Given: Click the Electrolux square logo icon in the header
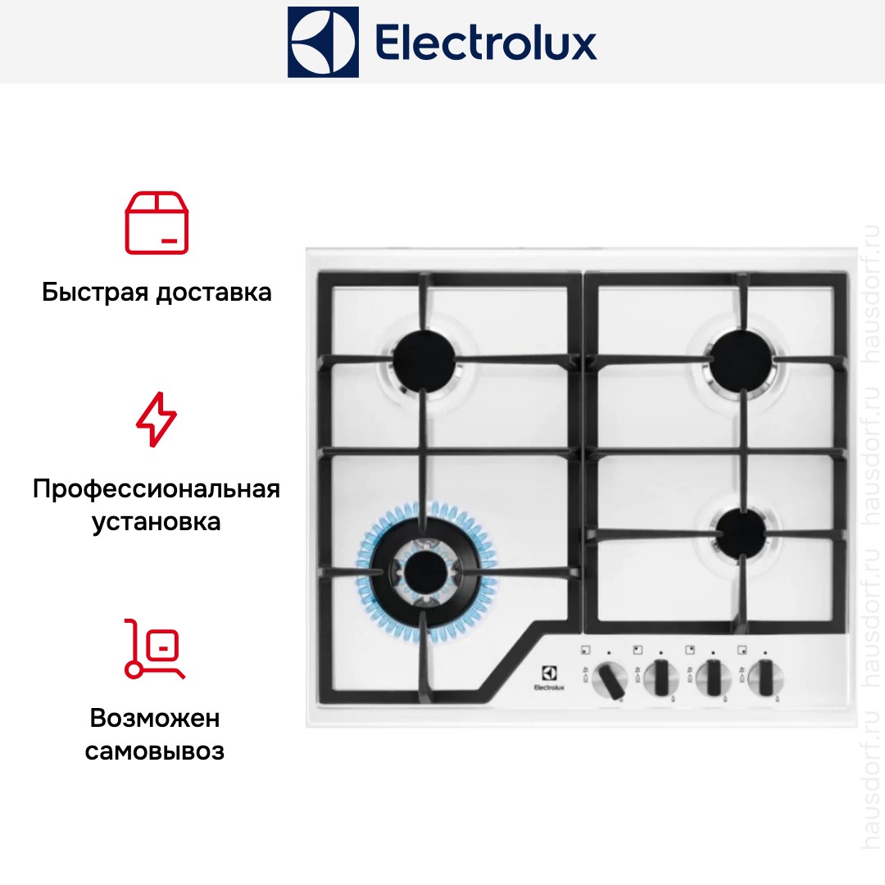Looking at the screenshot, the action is (x=323, y=42).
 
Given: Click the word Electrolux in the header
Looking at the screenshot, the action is (x=486, y=43).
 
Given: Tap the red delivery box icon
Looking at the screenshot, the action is (x=157, y=223).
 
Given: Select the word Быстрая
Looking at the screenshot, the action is (x=95, y=293).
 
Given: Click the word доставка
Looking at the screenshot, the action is (x=214, y=293).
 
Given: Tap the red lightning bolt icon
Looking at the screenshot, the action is (x=157, y=420).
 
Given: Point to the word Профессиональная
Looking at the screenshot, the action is (x=157, y=488).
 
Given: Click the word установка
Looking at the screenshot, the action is (x=157, y=522).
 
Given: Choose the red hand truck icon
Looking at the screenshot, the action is (x=154, y=648).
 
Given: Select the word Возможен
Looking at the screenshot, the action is (x=155, y=719).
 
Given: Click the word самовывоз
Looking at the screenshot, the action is (x=155, y=751).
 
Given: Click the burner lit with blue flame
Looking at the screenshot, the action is (x=425, y=573).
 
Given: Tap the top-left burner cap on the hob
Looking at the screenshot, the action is (x=424, y=360).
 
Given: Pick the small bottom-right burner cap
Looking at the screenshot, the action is (x=741, y=533).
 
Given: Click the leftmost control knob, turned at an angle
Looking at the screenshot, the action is (x=610, y=679).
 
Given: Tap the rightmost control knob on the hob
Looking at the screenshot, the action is (x=765, y=678).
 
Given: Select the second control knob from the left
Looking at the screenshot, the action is (x=661, y=678).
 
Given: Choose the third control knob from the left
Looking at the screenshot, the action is (x=713, y=678).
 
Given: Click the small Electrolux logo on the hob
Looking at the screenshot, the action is (x=549, y=678).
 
